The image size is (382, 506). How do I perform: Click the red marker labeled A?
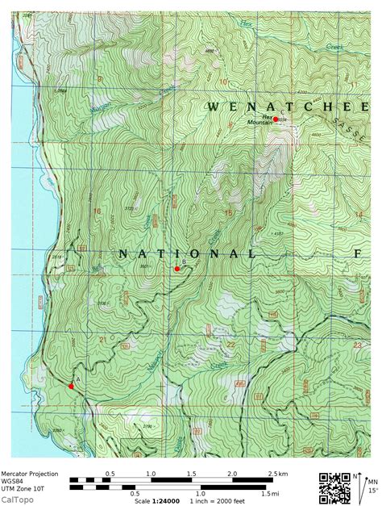71,386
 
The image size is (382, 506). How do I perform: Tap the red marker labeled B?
177,269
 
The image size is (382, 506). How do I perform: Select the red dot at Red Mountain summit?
276,119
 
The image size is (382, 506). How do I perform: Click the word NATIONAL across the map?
188,253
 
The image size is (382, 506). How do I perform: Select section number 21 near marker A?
102,341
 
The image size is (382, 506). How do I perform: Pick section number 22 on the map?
231,345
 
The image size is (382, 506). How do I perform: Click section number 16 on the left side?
98,211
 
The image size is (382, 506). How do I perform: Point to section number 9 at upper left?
100,78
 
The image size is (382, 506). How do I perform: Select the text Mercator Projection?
29,473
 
